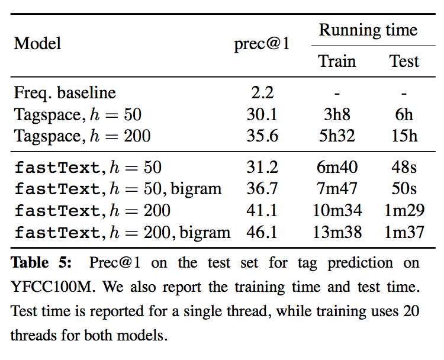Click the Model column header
pos(38,44)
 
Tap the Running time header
pos(368,30)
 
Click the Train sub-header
pos(336,61)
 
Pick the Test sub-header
pos(404,61)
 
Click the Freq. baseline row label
pos(65,93)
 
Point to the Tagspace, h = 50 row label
pos(78,114)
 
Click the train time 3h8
pos(336,114)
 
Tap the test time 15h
pos(404,136)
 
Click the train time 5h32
pos(336,136)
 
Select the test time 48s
pos(404,168)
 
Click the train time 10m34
pos(336,210)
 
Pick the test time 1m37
pos(404,232)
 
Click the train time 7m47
pos(336,189)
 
